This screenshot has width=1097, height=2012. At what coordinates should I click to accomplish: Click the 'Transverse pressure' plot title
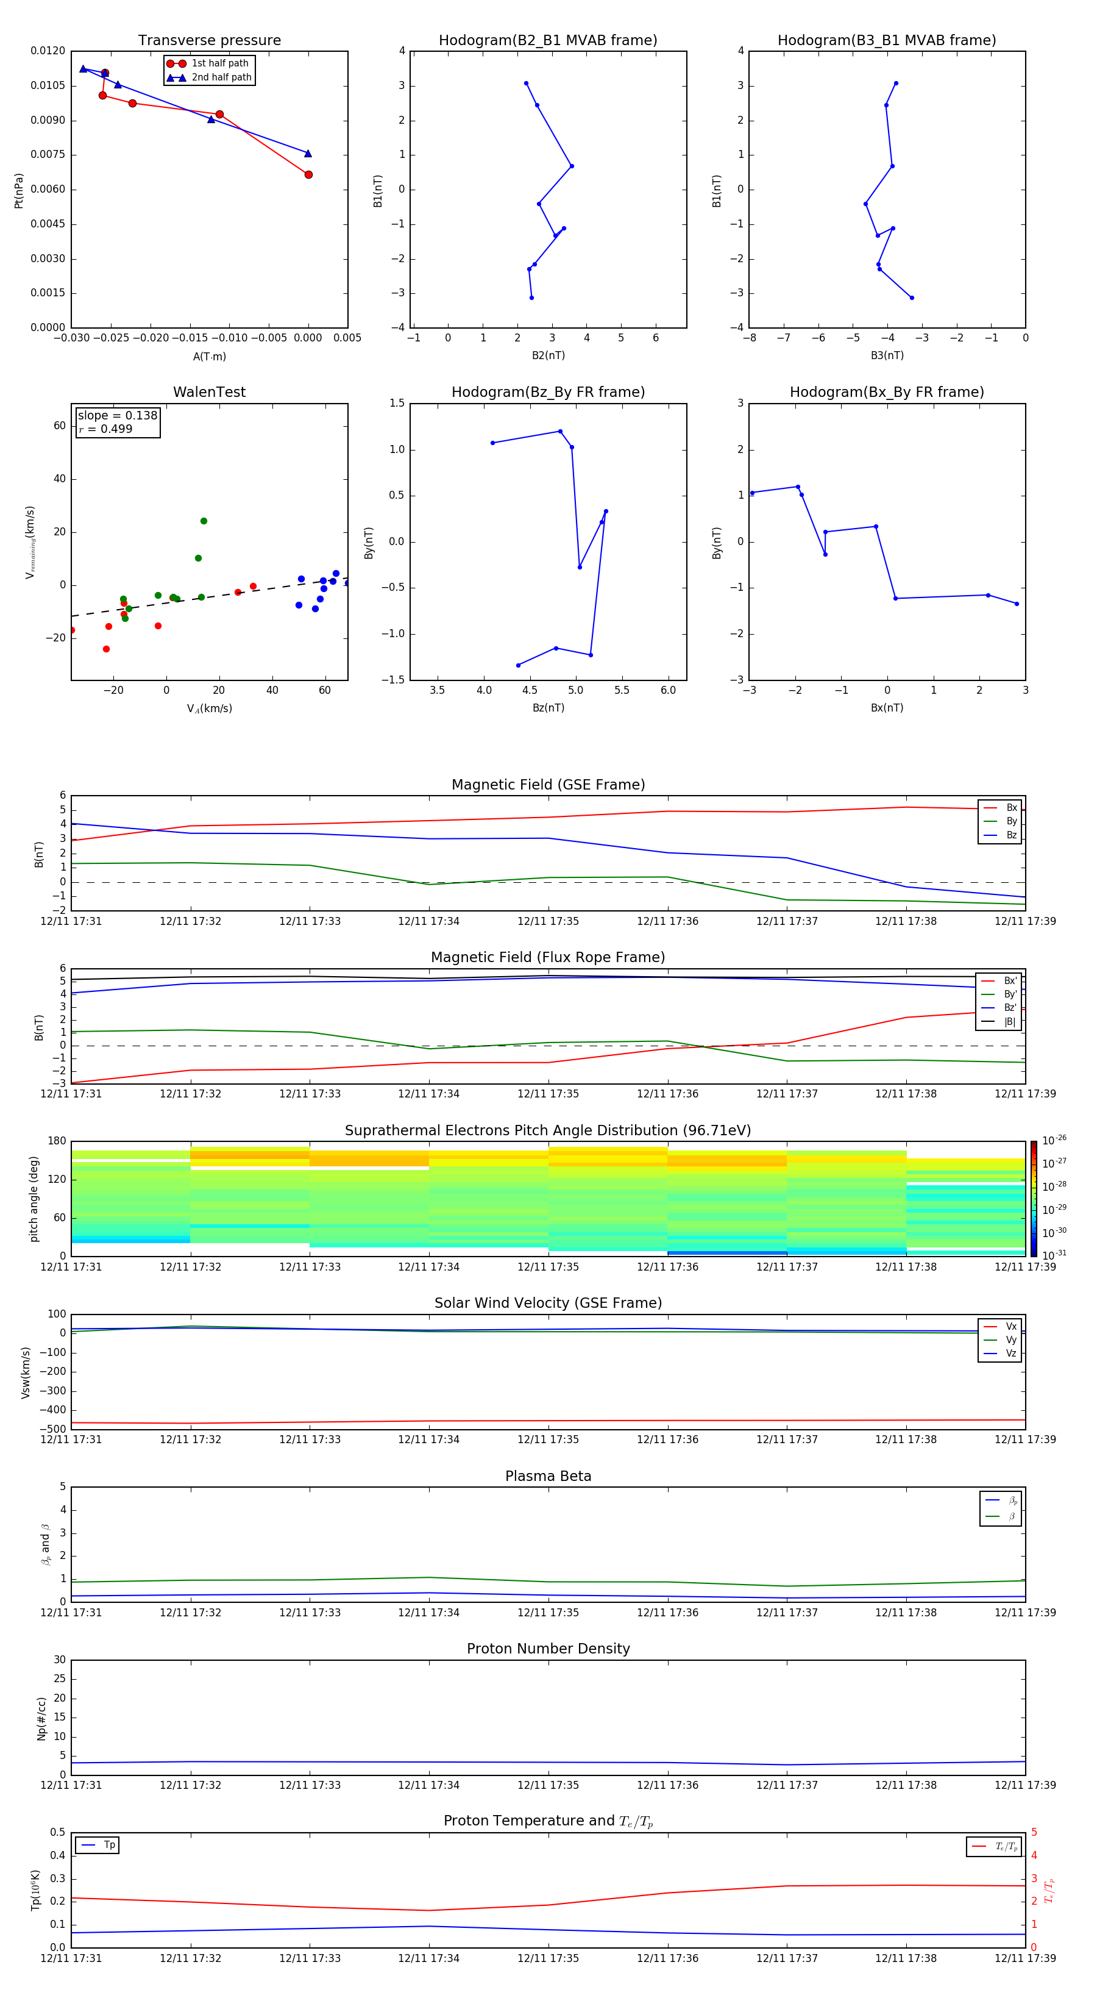(209, 41)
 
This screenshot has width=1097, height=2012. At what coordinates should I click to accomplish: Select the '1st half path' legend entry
(219, 63)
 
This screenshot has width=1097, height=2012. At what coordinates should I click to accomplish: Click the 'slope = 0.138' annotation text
(117, 416)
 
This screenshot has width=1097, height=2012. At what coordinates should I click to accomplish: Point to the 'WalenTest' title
(209, 392)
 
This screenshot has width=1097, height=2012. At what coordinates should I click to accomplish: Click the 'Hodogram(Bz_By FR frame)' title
(548, 392)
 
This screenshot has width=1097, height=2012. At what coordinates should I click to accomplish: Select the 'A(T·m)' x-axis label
(209, 357)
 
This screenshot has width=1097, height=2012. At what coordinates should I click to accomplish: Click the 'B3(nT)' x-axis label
(887, 355)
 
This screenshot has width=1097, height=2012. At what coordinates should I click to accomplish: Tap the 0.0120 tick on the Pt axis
(48, 51)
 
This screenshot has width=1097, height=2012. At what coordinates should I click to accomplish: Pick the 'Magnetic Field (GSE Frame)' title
(548, 785)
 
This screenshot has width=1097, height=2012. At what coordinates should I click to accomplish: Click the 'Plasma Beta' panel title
(548, 1476)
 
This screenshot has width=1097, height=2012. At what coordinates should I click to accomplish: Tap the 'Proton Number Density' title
(548, 1649)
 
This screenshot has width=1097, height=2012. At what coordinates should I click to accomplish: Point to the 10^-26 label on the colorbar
(1054, 1140)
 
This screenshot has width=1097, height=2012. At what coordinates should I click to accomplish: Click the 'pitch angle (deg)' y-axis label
(34, 1199)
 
